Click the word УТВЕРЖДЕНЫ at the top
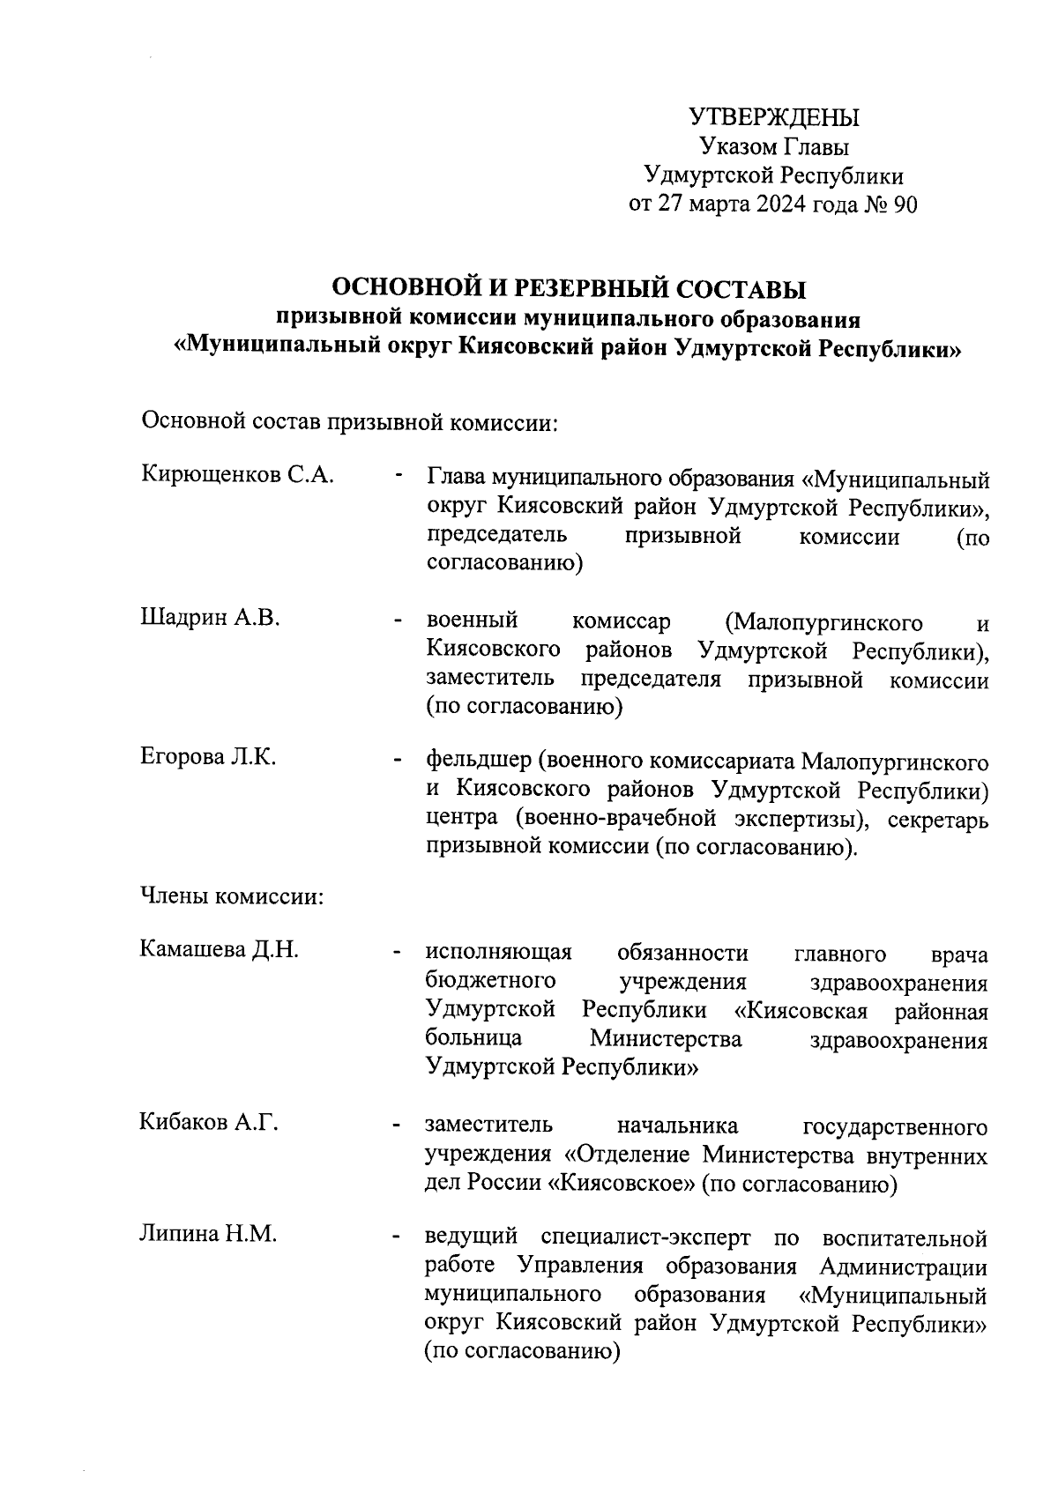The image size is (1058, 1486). coord(773,117)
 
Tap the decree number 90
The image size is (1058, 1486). coord(905,205)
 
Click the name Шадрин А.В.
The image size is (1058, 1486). coord(211,618)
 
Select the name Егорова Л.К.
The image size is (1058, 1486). coord(209,756)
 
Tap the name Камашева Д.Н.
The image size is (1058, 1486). coord(220,949)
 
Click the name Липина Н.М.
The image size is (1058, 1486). coord(209,1234)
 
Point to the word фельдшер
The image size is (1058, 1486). coord(477,760)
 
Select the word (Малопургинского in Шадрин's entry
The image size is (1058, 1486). coord(823,623)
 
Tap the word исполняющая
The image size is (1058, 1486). coord(498,953)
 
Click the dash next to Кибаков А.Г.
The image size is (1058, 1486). coord(399,1126)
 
